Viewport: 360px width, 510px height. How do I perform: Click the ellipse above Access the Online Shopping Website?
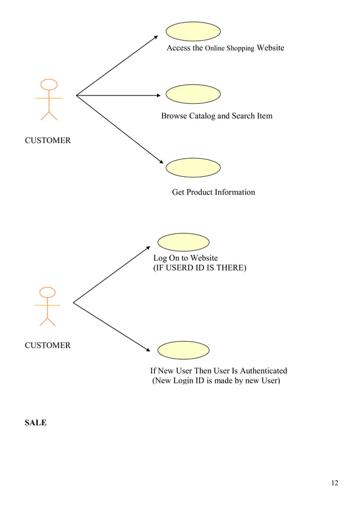pyautogui.click(x=193, y=31)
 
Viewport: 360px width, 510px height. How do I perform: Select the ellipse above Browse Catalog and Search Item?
pyautogui.click(x=193, y=94)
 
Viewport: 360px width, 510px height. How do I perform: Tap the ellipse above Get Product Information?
pyautogui.click(x=193, y=167)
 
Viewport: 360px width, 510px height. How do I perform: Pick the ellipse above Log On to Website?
pyautogui.click(x=183, y=242)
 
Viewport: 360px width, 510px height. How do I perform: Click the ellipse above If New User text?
pyautogui.click(x=183, y=350)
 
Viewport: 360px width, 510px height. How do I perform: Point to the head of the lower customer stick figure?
pyautogui.click(x=48, y=292)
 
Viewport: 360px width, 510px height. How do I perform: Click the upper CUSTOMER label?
pyautogui.click(x=47, y=141)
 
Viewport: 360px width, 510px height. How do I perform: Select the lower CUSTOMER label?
pyautogui.click(x=47, y=346)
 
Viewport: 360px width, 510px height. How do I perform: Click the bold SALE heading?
pyautogui.click(x=36, y=422)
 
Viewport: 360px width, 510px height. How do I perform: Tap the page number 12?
pyautogui.click(x=335, y=483)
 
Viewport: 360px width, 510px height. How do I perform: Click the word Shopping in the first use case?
pyautogui.click(x=240, y=49)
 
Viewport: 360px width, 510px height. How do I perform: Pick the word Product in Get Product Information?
pyautogui.click(x=199, y=193)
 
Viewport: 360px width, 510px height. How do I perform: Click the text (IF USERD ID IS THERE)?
pyautogui.click(x=200, y=268)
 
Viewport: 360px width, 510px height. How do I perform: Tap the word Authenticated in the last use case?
pyautogui.click(x=264, y=371)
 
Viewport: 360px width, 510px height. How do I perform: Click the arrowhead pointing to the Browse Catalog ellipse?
pyautogui.click(x=159, y=95)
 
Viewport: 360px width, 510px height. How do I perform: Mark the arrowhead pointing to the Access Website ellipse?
pyautogui.click(x=156, y=37)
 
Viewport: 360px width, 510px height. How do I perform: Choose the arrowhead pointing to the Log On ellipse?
pyautogui.click(x=149, y=247)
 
